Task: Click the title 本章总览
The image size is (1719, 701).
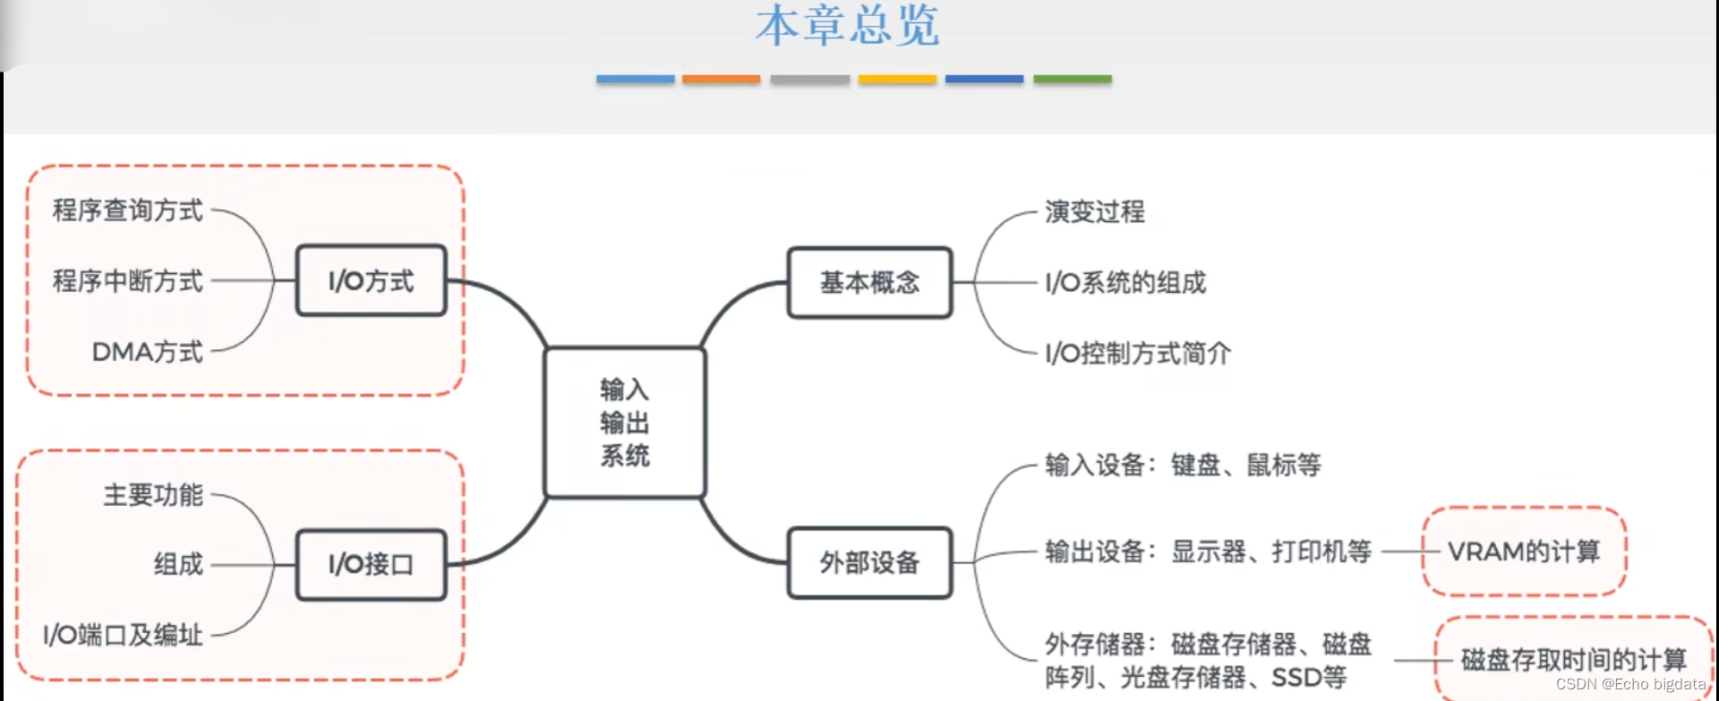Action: tap(847, 25)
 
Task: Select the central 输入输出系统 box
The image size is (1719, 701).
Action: tap(625, 422)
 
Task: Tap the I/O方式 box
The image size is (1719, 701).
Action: tap(371, 280)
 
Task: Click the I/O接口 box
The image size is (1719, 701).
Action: tap(371, 564)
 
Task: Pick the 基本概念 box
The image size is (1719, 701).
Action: tap(869, 283)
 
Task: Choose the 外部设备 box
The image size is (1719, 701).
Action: tap(869, 562)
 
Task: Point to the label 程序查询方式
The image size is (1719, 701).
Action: tap(128, 210)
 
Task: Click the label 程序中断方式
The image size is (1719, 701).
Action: tap(128, 281)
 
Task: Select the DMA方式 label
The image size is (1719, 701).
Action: tap(148, 352)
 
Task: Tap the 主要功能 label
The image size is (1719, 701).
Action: tap(153, 494)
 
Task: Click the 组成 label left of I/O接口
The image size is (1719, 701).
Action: tap(178, 564)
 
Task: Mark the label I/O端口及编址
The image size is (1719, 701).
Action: tap(124, 635)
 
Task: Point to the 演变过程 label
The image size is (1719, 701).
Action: tap(1094, 212)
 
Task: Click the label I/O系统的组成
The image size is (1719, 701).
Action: tap(1125, 283)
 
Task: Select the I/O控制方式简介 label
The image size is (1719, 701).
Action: tap(1138, 354)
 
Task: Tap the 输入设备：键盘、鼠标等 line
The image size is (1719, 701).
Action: tap(1183, 465)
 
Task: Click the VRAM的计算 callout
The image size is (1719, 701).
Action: tap(1524, 551)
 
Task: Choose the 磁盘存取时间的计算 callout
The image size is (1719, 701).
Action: tap(1573, 660)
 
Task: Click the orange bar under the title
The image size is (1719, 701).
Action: tap(721, 80)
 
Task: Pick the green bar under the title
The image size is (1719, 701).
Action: tap(1072, 80)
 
